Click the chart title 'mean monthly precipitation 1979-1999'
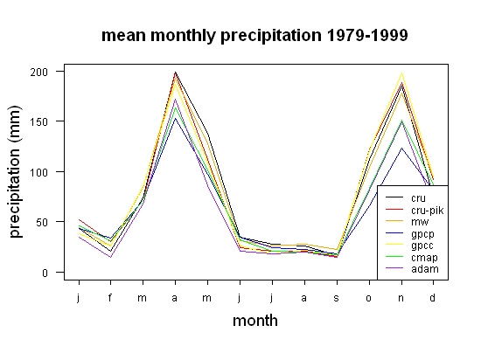pyautogui.click(x=254, y=36)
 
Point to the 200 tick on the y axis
pyautogui.click(x=39, y=72)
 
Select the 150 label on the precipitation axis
pyautogui.click(x=39, y=122)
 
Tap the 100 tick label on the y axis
pyautogui.click(x=39, y=172)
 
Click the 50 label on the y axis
pyautogui.click(x=42, y=222)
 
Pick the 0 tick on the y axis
pyautogui.click(x=45, y=273)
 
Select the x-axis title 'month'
pyautogui.click(x=255, y=321)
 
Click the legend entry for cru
pyautogui.click(x=418, y=198)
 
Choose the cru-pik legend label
pyautogui.click(x=428, y=211)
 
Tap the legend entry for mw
pyautogui.click(x=420, y=222)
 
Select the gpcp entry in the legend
pyautogui.click(x=422, y=234)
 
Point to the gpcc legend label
pyautogui.click(x=422, y=246)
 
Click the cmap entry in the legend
pyautogui.click(x=424, y=258)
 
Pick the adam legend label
pyautogui.click(x=425, y=269)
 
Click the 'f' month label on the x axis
pyautogui.click(x=110, y=297)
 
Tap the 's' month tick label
pyautogui.click(x=336, y=298)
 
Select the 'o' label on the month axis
pyautogui.click(x=368, y=298)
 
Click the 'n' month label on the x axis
pyautogui.click(x=401, y=298)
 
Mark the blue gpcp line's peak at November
pyautogui.click(x=401, y=148)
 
